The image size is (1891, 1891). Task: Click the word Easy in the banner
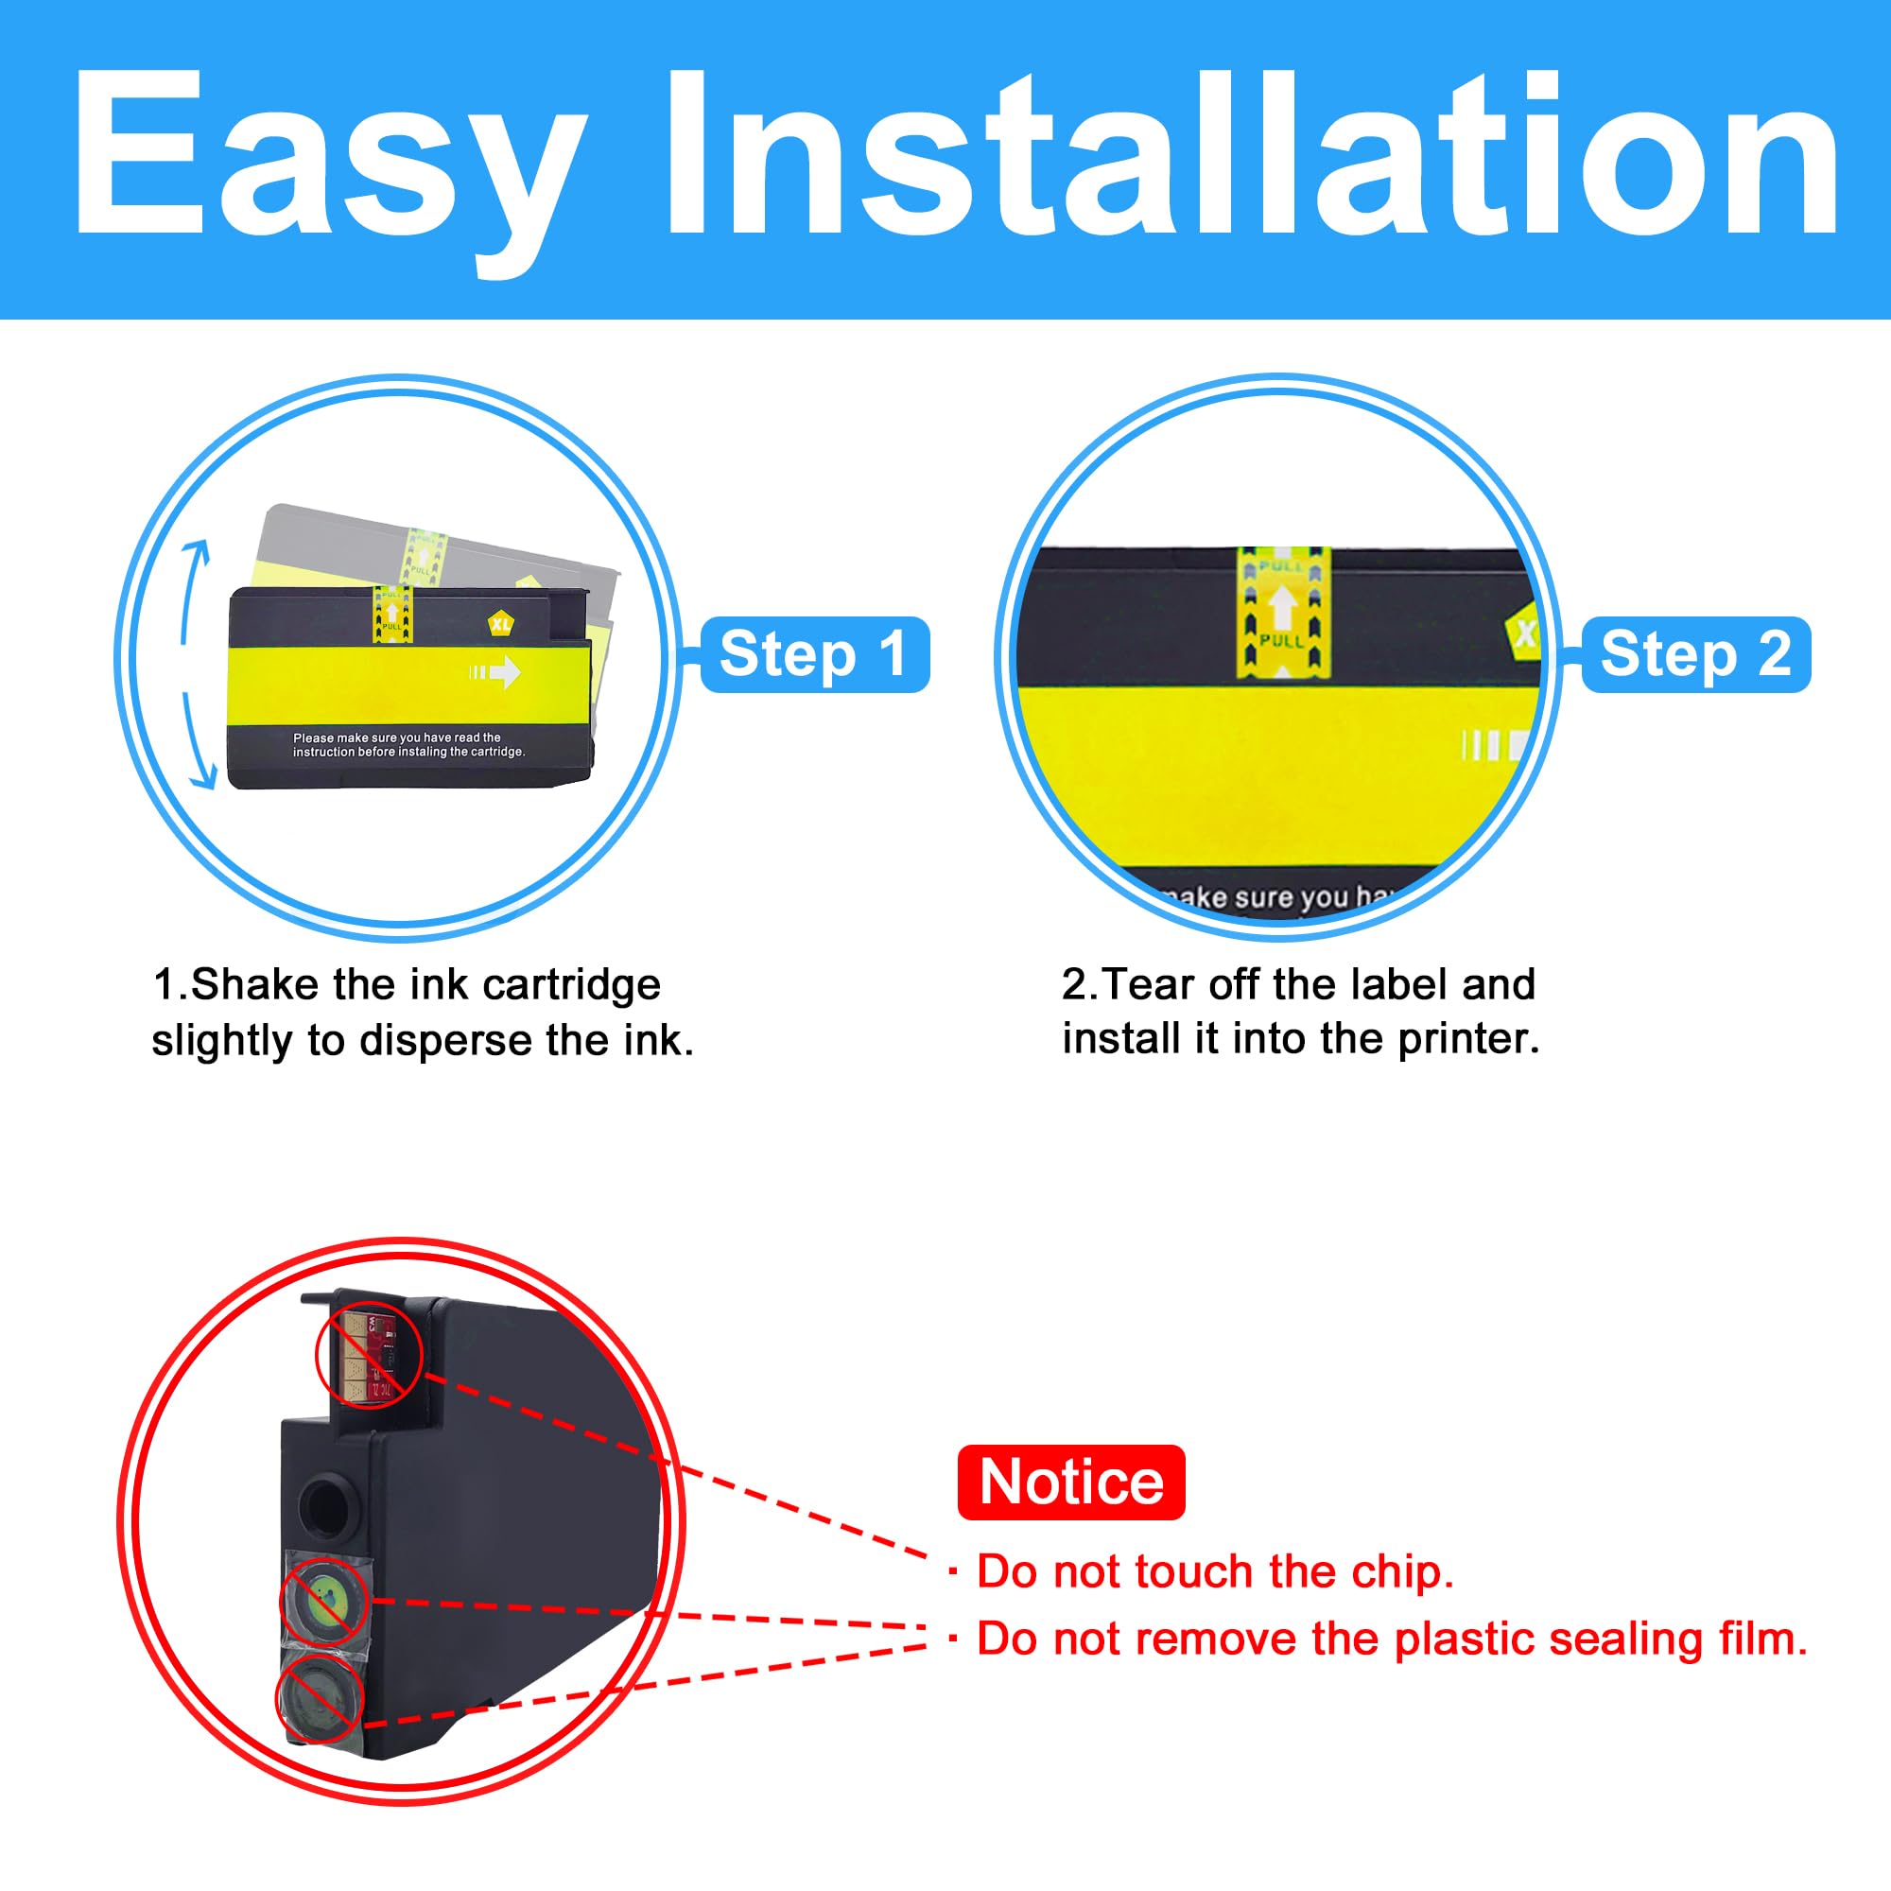(x=328, y=157)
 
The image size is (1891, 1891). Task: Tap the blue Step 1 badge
(x=814, y=655)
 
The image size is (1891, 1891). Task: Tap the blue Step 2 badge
(x=1695, y=655)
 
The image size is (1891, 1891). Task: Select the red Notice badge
(x=1071, y=1483)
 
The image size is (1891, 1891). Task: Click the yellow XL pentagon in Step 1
(x=501, y=623)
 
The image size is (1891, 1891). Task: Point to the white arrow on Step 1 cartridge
(x=496, y=671)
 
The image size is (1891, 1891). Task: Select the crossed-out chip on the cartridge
(x=368, y=1356)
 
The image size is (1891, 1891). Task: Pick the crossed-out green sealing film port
(x=325, y=1603)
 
